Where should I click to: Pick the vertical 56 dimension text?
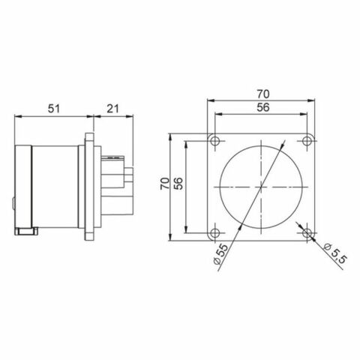pos(180,186)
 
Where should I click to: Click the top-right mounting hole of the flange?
pos(310,141)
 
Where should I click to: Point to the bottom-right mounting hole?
pos(310,231)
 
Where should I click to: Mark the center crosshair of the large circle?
pos(262,186)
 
